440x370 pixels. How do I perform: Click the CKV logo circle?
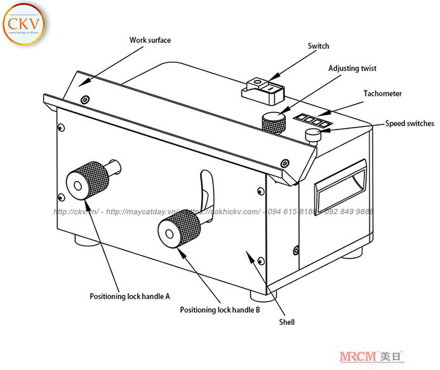click(x=23, y=24)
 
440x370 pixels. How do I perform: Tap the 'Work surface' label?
click(x=150, y=40)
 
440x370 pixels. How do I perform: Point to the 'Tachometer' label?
click(x=382, y=93)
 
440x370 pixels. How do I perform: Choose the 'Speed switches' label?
click(x=410, y=123)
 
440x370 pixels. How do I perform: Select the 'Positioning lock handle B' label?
click(x=220, y=310)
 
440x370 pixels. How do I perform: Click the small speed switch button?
click(x=313, y=135)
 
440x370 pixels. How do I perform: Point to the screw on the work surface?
click(x=85, y=99)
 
